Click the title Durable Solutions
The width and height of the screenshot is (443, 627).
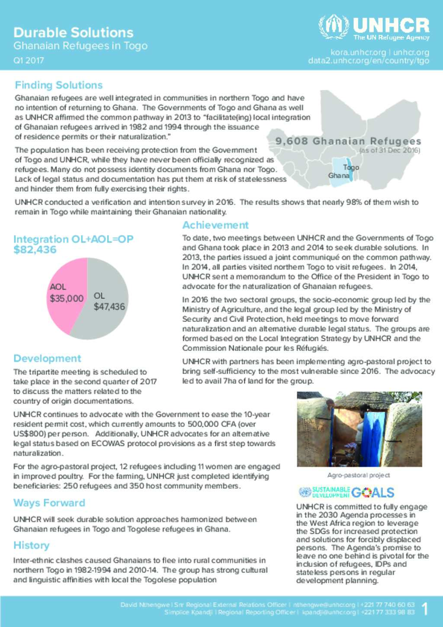pyautogui.click(x=73, y=32)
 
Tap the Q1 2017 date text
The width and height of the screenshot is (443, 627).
pyautogui.click(x=29, y=61)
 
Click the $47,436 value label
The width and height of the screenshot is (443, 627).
pyautogui.click(x=109, y=307)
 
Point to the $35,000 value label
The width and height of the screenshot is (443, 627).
pyautogui.click(x=66, y=299)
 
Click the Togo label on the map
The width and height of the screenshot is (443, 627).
pyautogui.click(x=351, y=167)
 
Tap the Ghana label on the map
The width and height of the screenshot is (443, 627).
pyautogui.click(x=339, y=176)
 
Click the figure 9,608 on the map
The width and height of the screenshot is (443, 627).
pyautogui.click(x=292, y=141)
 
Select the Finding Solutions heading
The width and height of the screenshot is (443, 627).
pyautogui.click(x=58, y=85)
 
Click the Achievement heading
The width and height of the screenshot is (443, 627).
pyautogui.click(x=215, y=225)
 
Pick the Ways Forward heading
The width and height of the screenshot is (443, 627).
pyautogui.click(x=49, y=503)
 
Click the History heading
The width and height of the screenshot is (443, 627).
pyautogui.click(x=31, y=545)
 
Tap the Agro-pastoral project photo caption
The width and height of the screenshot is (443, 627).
pyautogui.click(x=359, y=475)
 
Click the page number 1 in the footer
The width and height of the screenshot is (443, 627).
pyautogui.click(x=425, y=609)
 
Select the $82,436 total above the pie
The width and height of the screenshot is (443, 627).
pyautogui.click(x=35, y=250)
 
